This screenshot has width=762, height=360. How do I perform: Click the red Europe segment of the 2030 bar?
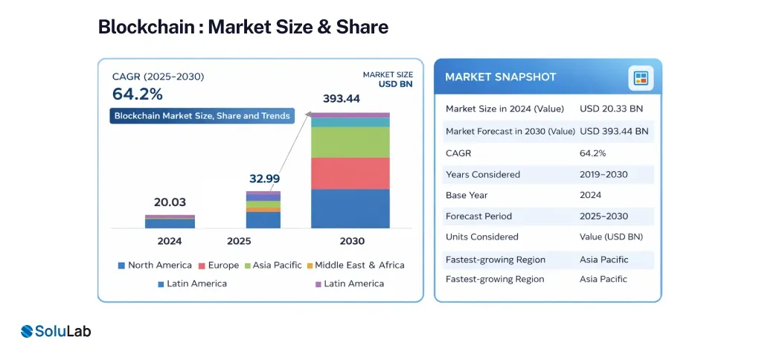click(x=350, y=173)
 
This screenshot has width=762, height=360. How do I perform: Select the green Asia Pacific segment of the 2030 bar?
click(x=350, y=142)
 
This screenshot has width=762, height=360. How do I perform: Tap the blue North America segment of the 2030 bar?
click(x=350, y=208)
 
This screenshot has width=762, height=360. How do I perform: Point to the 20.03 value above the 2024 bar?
click(x=170, y=202)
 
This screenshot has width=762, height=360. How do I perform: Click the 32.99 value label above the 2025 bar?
click(x=264, y=179)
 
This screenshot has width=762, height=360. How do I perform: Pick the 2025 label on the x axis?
click(x=239, y=241)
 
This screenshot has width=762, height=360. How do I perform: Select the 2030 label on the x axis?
click(x=352, y=241)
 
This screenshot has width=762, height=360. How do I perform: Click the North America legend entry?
click(x=155, y=266)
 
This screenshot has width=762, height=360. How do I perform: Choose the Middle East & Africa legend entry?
click(x=355, y=266)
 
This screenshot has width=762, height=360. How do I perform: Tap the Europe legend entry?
click(x=219, y=266)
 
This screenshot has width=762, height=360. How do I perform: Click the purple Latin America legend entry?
click(x=350, y=283)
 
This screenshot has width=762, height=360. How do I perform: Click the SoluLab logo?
click(x=56, y=331)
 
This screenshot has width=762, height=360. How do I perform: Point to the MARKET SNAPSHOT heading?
click(x=501, y=77)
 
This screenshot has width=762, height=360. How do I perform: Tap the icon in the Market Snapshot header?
click(x=641, y=78)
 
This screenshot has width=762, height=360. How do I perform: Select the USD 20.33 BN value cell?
click(x=612, y=109)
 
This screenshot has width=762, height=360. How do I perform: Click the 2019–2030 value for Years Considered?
click(x=603, y=174)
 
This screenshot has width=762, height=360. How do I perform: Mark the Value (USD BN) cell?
click(x=612, y=237)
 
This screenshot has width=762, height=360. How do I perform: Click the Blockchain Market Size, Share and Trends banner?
click(x=202, y=115)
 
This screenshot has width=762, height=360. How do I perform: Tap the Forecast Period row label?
click(x=478, y=216)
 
